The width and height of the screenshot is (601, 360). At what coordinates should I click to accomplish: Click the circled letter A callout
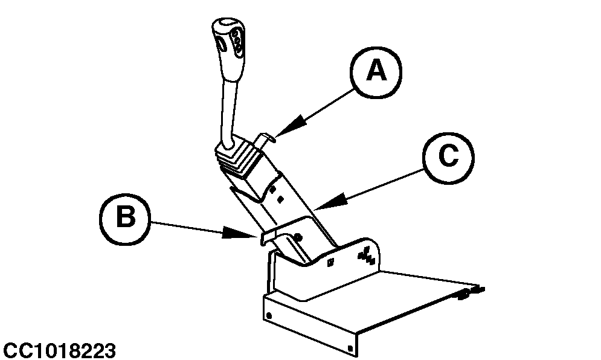click(376, 71)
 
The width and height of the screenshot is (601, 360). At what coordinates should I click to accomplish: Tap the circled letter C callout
click(448, 156)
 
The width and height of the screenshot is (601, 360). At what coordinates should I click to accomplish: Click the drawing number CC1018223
click(59, 350)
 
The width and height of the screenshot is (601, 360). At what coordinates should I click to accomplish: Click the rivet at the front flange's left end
click(269, 316)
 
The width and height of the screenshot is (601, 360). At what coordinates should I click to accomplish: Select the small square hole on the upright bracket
click(330, 262)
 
